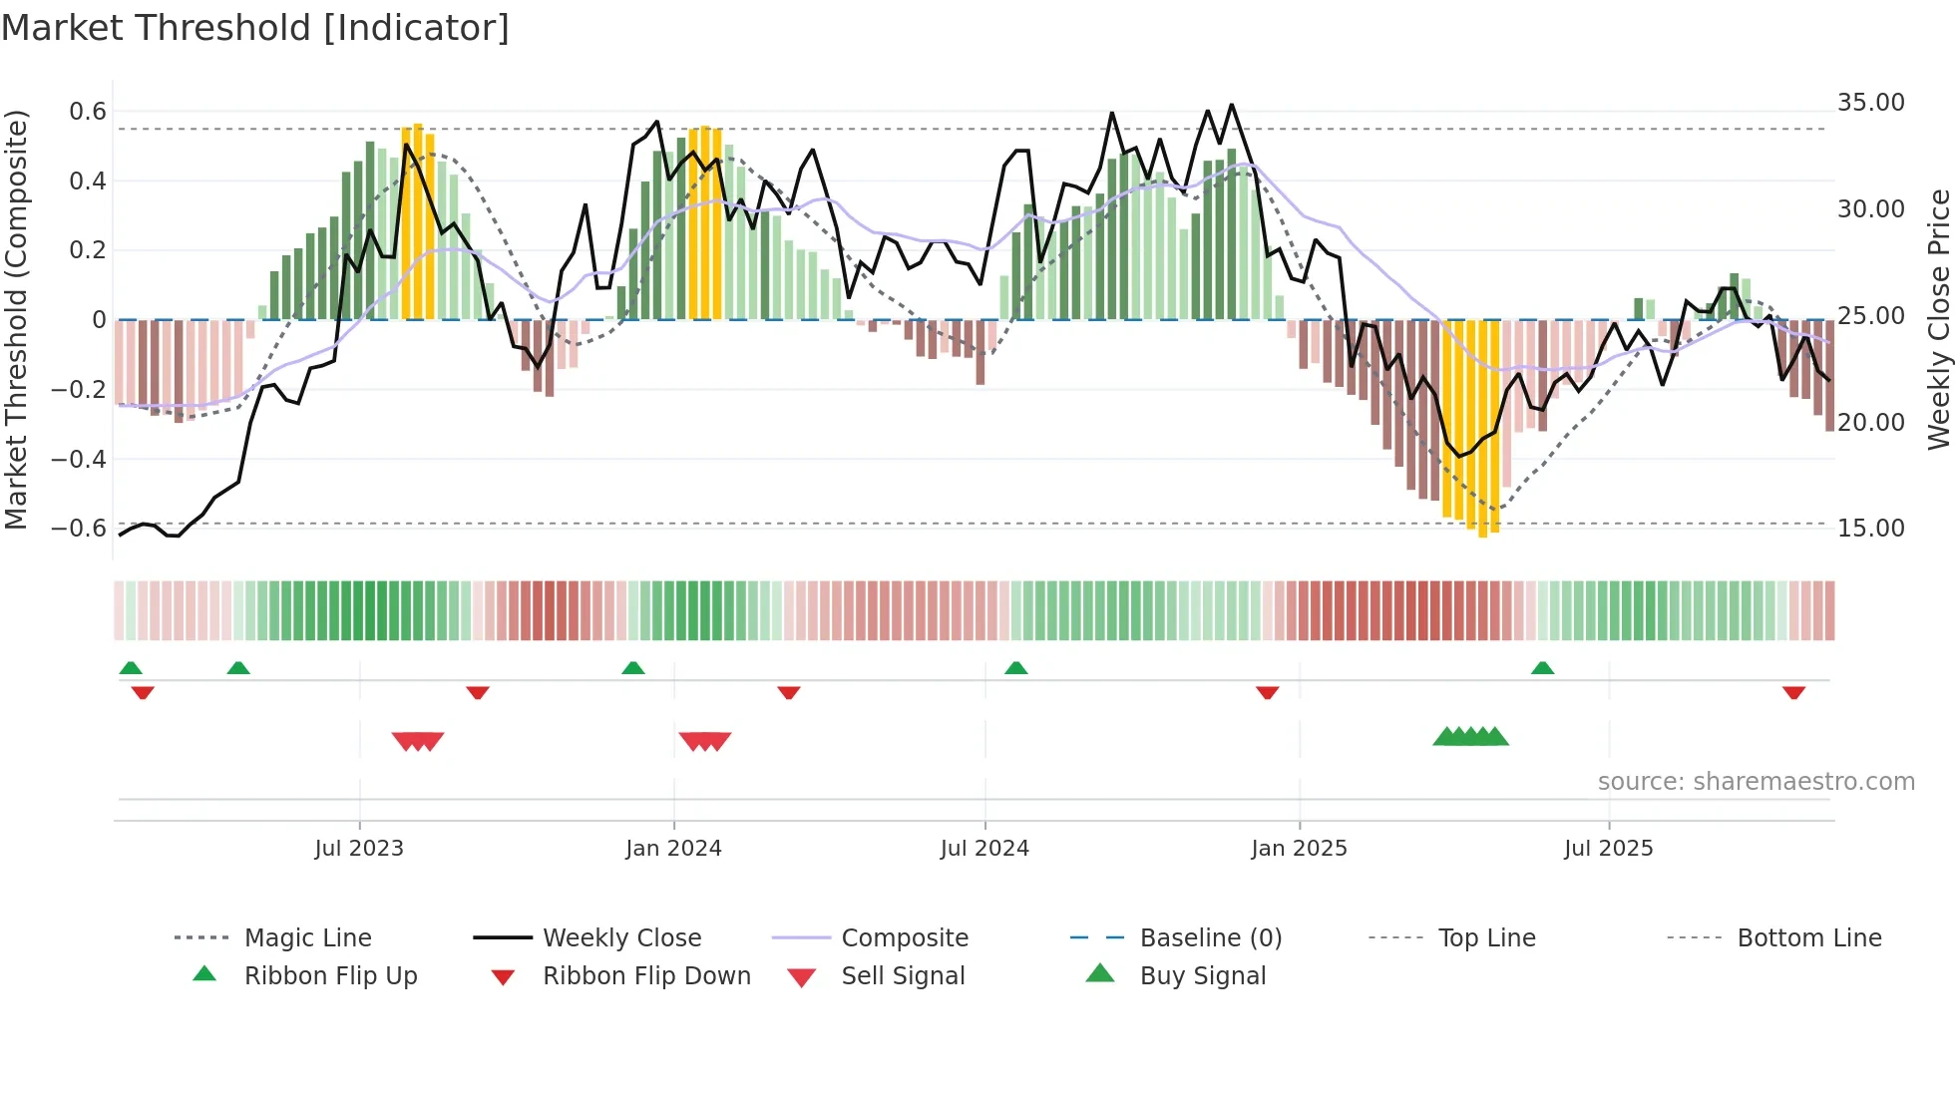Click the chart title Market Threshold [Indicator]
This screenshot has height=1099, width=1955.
point(255,28)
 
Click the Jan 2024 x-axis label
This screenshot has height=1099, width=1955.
point(673,848)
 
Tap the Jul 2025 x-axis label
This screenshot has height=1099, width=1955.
point(1608,848)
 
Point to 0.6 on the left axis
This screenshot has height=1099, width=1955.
point(88,112)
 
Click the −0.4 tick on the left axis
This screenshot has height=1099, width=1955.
point(79,459)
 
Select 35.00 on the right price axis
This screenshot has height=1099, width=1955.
point(1870,103)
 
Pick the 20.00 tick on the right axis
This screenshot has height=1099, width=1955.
point(1870,422)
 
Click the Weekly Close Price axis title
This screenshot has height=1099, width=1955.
point(1938,319)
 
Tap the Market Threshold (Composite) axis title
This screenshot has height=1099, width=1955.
point(16,319)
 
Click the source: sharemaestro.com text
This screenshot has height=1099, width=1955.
point(1756,781)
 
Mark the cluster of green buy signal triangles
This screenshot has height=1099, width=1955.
point(1470,737)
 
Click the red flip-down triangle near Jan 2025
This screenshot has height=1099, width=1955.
point(1267,692)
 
